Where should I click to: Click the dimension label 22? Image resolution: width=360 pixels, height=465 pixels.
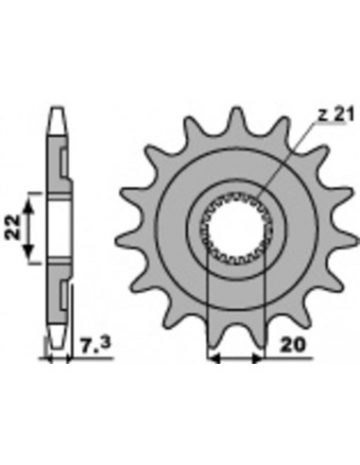(x=12, y=227)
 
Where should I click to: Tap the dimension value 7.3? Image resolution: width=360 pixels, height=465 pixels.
(x=95, y=345)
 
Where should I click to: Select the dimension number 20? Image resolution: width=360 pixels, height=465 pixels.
(x=293, y=345)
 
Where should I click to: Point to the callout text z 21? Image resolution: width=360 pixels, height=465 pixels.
(x=335, y=114)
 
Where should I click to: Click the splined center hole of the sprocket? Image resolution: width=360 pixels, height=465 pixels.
(x=236, y=228)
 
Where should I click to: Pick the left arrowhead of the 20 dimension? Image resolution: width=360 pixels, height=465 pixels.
(x=214, y=358)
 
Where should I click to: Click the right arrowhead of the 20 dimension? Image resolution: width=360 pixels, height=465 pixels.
(x=258, y=358)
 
